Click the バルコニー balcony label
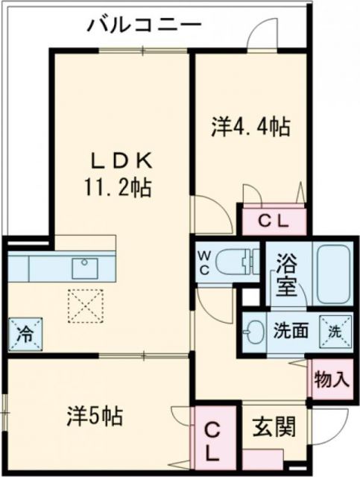coord(143,25)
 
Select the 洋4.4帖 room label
coord(250,127)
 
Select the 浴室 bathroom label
coord(286,276)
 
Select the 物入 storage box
coord(330,379)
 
